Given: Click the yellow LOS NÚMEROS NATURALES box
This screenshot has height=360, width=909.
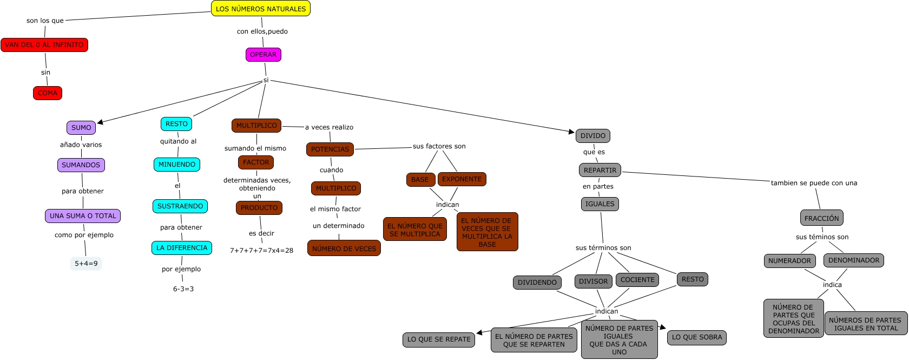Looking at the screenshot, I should (x=260, y=9).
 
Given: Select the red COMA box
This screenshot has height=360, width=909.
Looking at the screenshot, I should (x=48, y=93).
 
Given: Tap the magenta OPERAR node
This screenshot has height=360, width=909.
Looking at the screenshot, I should (x=263, y=55).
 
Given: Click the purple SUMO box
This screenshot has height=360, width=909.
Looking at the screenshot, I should (x=81, y=128).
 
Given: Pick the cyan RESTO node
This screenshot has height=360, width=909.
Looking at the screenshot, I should (x=176, y=124).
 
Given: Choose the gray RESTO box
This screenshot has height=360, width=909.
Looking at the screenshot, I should (x=692, y=279).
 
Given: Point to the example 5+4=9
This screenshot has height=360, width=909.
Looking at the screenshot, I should (x=86, y=264).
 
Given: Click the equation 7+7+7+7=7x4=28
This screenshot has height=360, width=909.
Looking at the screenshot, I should (x=261, y=251).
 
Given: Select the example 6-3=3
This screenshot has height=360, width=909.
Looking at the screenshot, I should (x=183, y=289).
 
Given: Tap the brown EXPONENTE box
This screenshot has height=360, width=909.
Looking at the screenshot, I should (x=462, y=179).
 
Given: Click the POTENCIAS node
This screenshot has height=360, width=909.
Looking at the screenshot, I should (x=330, y=149).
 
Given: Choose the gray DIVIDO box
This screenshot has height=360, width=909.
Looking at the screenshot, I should (x=593, y=136).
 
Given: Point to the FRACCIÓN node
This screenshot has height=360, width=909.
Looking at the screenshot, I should (x=821, y=218).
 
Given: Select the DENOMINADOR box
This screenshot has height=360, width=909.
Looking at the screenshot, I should (x=853, y=260).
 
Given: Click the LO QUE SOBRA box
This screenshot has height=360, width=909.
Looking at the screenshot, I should (x=696, y=337).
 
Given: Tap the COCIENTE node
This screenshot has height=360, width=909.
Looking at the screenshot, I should (x=637, y=280).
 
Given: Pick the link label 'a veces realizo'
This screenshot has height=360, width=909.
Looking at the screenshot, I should (x=329, y=127).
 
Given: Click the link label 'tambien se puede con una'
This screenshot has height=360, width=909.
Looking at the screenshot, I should (x=814, y=183).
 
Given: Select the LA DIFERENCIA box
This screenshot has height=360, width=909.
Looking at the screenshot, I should (x=182, y=248).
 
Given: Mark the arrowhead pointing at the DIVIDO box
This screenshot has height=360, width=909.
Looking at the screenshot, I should (x=571, y=131).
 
